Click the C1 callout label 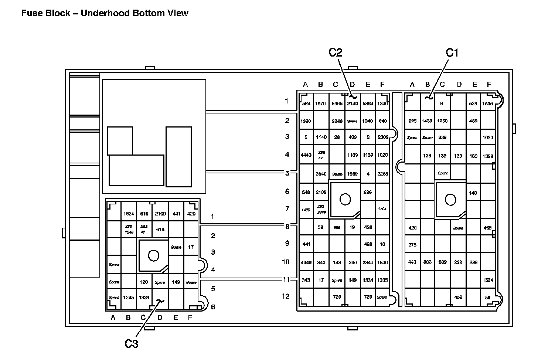point(452,53)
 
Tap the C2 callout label point(336,53)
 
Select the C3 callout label point(131,344)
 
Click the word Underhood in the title point(103,13)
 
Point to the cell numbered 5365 point(337,104)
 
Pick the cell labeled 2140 point(353,104)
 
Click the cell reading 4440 point(306,155)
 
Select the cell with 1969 point(353,174)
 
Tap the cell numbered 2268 point(382,174)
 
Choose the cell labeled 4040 point(306,263)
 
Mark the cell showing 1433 point(427,121)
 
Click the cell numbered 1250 point(442,121)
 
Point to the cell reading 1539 point(488,104)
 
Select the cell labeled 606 point(427,262)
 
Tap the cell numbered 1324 point(488,280)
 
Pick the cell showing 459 point(458,297)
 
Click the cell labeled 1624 point(129,214)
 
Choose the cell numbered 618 point(160,230)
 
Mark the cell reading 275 point(412,245)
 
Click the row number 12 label point(286,296)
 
